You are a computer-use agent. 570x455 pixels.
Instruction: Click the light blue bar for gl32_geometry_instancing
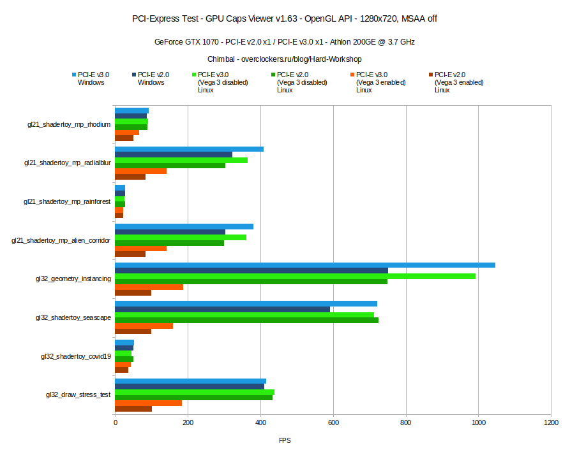[x=304, y=265]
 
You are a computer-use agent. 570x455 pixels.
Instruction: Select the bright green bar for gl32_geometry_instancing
[x=295, y=276]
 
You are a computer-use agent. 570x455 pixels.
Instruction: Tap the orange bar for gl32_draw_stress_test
[x=148, y=403]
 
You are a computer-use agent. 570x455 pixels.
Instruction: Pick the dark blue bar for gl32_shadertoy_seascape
[x=222, y=309]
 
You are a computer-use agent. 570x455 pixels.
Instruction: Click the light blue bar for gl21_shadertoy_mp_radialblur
[x=189, y=149]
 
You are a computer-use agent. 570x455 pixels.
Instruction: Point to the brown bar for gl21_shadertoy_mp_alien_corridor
[x=130, y=254]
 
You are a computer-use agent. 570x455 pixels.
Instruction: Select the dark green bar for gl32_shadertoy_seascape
[x=246, y=320]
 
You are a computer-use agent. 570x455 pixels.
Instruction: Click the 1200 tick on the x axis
[x=551, y=422]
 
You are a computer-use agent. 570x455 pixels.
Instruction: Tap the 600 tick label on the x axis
[x=333, y=422]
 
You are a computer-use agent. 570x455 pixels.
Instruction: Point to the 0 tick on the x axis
[x=115, y=422]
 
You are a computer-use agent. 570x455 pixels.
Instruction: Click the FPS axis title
[x=285, y=440]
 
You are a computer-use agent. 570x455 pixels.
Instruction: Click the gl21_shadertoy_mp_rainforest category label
[x=67, y=201]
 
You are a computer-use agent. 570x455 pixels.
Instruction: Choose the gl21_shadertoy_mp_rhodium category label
[x=69, y=124]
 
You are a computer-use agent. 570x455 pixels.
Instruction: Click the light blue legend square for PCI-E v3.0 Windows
[x=74, y=75]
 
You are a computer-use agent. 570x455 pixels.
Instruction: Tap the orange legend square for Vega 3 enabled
[x=352, y=75]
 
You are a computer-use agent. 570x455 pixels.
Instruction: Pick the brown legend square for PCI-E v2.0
[x=431, y=75]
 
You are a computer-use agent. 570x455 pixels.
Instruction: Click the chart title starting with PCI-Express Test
[x=285, y=18]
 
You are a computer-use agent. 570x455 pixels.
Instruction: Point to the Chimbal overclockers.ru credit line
[x=285, y=59]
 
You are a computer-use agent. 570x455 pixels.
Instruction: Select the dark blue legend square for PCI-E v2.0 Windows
[x=134, y=75]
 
